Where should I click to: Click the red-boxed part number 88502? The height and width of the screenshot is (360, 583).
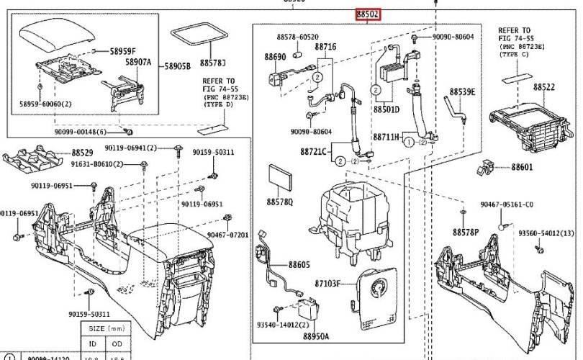point(367,14)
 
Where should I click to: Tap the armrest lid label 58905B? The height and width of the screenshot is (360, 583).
point(177,66)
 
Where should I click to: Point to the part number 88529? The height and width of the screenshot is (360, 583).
point(83,153)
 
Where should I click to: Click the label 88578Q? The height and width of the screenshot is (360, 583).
point(279,202)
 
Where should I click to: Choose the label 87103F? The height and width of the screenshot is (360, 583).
point(327,284)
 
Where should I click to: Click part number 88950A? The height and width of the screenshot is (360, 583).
point(316,336)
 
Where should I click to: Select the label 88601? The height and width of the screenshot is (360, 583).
point(523,168)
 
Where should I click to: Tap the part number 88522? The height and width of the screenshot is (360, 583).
point(544,86)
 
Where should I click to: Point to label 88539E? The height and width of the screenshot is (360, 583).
point(463,91)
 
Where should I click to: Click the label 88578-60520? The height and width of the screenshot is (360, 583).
point(297,37)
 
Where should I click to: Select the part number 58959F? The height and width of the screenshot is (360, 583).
point(123,51)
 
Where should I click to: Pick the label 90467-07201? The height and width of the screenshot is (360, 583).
point(227,235)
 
